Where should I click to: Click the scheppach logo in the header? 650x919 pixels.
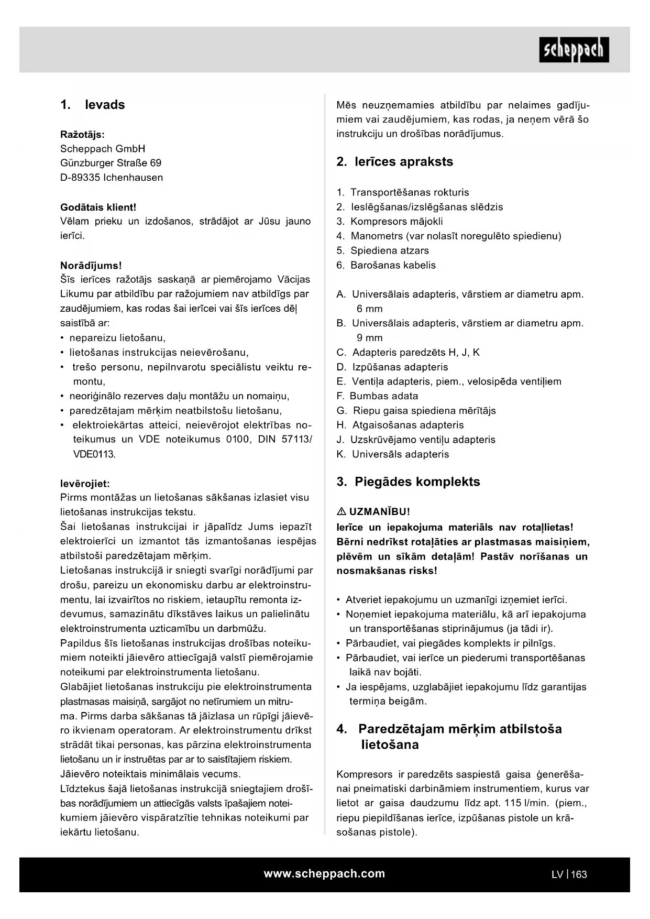pyautogui.click(x=574, y=50)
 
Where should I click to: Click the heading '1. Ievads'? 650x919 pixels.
pyautogui.click(x=93, y=105)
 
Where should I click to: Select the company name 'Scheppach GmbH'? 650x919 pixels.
pyautogui.click(x=103, y=149)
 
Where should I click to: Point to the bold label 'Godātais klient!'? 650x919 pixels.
pyautogui.click(x=98, y=207)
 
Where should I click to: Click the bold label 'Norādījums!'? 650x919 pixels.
pyautogui.click(x=91, y=266)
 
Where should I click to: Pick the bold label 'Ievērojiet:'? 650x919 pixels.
pyautogui.click(x=85, y=484)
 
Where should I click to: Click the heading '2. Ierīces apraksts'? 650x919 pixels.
pyautogui.click(x=394, y=162)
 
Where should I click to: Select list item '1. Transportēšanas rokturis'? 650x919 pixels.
pyautogui.click(x=403, y=192)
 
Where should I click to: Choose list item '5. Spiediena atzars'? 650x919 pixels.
pyautogui.click(x=383, y=250)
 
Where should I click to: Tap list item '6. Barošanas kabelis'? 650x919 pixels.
pyautogui.click(x=386, y=265)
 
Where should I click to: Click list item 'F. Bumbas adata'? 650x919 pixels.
pyautogui.click(x=377, y=396)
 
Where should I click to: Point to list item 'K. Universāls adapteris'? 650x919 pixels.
pyautogui.click(x=392, y=454)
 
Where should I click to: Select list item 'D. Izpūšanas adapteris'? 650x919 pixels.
pyautogui.click(x=392, y=367)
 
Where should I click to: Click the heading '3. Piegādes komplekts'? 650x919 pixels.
pyautogui.click(x=408, y=482)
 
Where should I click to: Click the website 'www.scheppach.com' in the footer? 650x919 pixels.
pyautogui.click(x=324, y=873)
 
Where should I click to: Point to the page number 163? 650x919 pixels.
pyautogui.click(x=579, y=874)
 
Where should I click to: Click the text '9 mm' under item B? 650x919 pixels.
pyautogui.click(x=370, y=338)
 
